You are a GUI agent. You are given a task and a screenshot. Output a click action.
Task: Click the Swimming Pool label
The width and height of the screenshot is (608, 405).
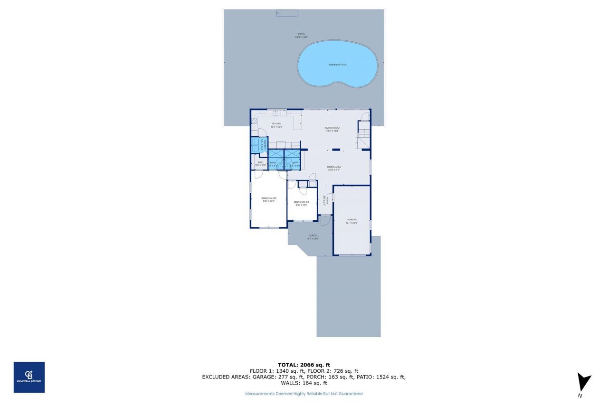(338, 65)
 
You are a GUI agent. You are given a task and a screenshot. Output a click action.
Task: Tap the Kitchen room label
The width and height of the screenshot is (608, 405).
(276, 125)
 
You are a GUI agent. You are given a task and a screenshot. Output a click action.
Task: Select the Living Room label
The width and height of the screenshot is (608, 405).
(332, 129)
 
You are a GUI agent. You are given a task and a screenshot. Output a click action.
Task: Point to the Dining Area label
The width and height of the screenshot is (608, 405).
(334, 168)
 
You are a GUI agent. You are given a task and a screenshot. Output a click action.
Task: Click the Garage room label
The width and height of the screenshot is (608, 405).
(351, 221)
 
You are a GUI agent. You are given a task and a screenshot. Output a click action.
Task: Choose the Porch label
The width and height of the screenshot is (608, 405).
(313, 237)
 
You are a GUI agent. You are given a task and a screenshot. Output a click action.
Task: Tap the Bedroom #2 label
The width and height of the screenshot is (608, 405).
(268, 199)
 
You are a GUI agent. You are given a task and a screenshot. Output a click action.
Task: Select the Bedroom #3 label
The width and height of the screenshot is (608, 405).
(302, 204)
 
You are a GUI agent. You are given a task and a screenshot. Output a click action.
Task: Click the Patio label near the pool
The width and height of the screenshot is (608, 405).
(301, 35)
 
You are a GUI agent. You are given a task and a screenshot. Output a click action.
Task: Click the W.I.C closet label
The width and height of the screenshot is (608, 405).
(260, 164)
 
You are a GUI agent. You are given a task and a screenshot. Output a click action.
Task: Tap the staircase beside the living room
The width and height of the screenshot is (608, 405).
(363, 135)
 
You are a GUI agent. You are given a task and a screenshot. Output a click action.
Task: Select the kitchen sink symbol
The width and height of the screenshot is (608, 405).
(275, 113)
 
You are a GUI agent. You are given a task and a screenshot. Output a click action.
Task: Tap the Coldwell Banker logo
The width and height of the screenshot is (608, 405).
(29, 377)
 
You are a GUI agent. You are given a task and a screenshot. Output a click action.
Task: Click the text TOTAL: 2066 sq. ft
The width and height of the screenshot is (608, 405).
(304, 365)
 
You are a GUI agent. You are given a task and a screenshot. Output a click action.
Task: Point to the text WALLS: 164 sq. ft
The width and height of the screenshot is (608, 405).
(304, 383)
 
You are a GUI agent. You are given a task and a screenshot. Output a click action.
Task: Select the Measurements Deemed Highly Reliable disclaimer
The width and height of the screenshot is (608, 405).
(304, 394)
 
